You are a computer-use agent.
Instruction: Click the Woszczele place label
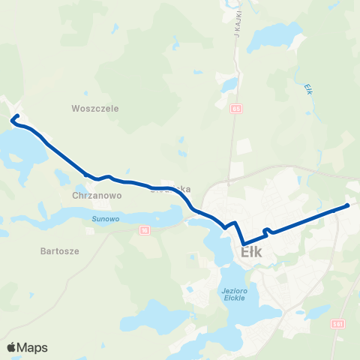pyautogui.click(x=95, y=108)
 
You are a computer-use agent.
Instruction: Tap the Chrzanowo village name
pyautogui.click(x=97, y=194)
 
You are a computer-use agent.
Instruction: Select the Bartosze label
pyautogui.click(x=60, y=252)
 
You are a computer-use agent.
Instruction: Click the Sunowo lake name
pyautogui.click(x=106, y=219)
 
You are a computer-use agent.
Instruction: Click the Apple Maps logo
pyautogui.click(x=28, y=347)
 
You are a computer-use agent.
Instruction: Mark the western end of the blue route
pyautogui.click(x=16, y=115)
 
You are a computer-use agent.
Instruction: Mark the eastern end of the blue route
pyautogui.click(x=348, y=205)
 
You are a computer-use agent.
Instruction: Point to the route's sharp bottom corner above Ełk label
pyautogui.click(x=243, y=241)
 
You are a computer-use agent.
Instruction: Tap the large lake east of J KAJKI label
pyautogui.click(x=277, y=34)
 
